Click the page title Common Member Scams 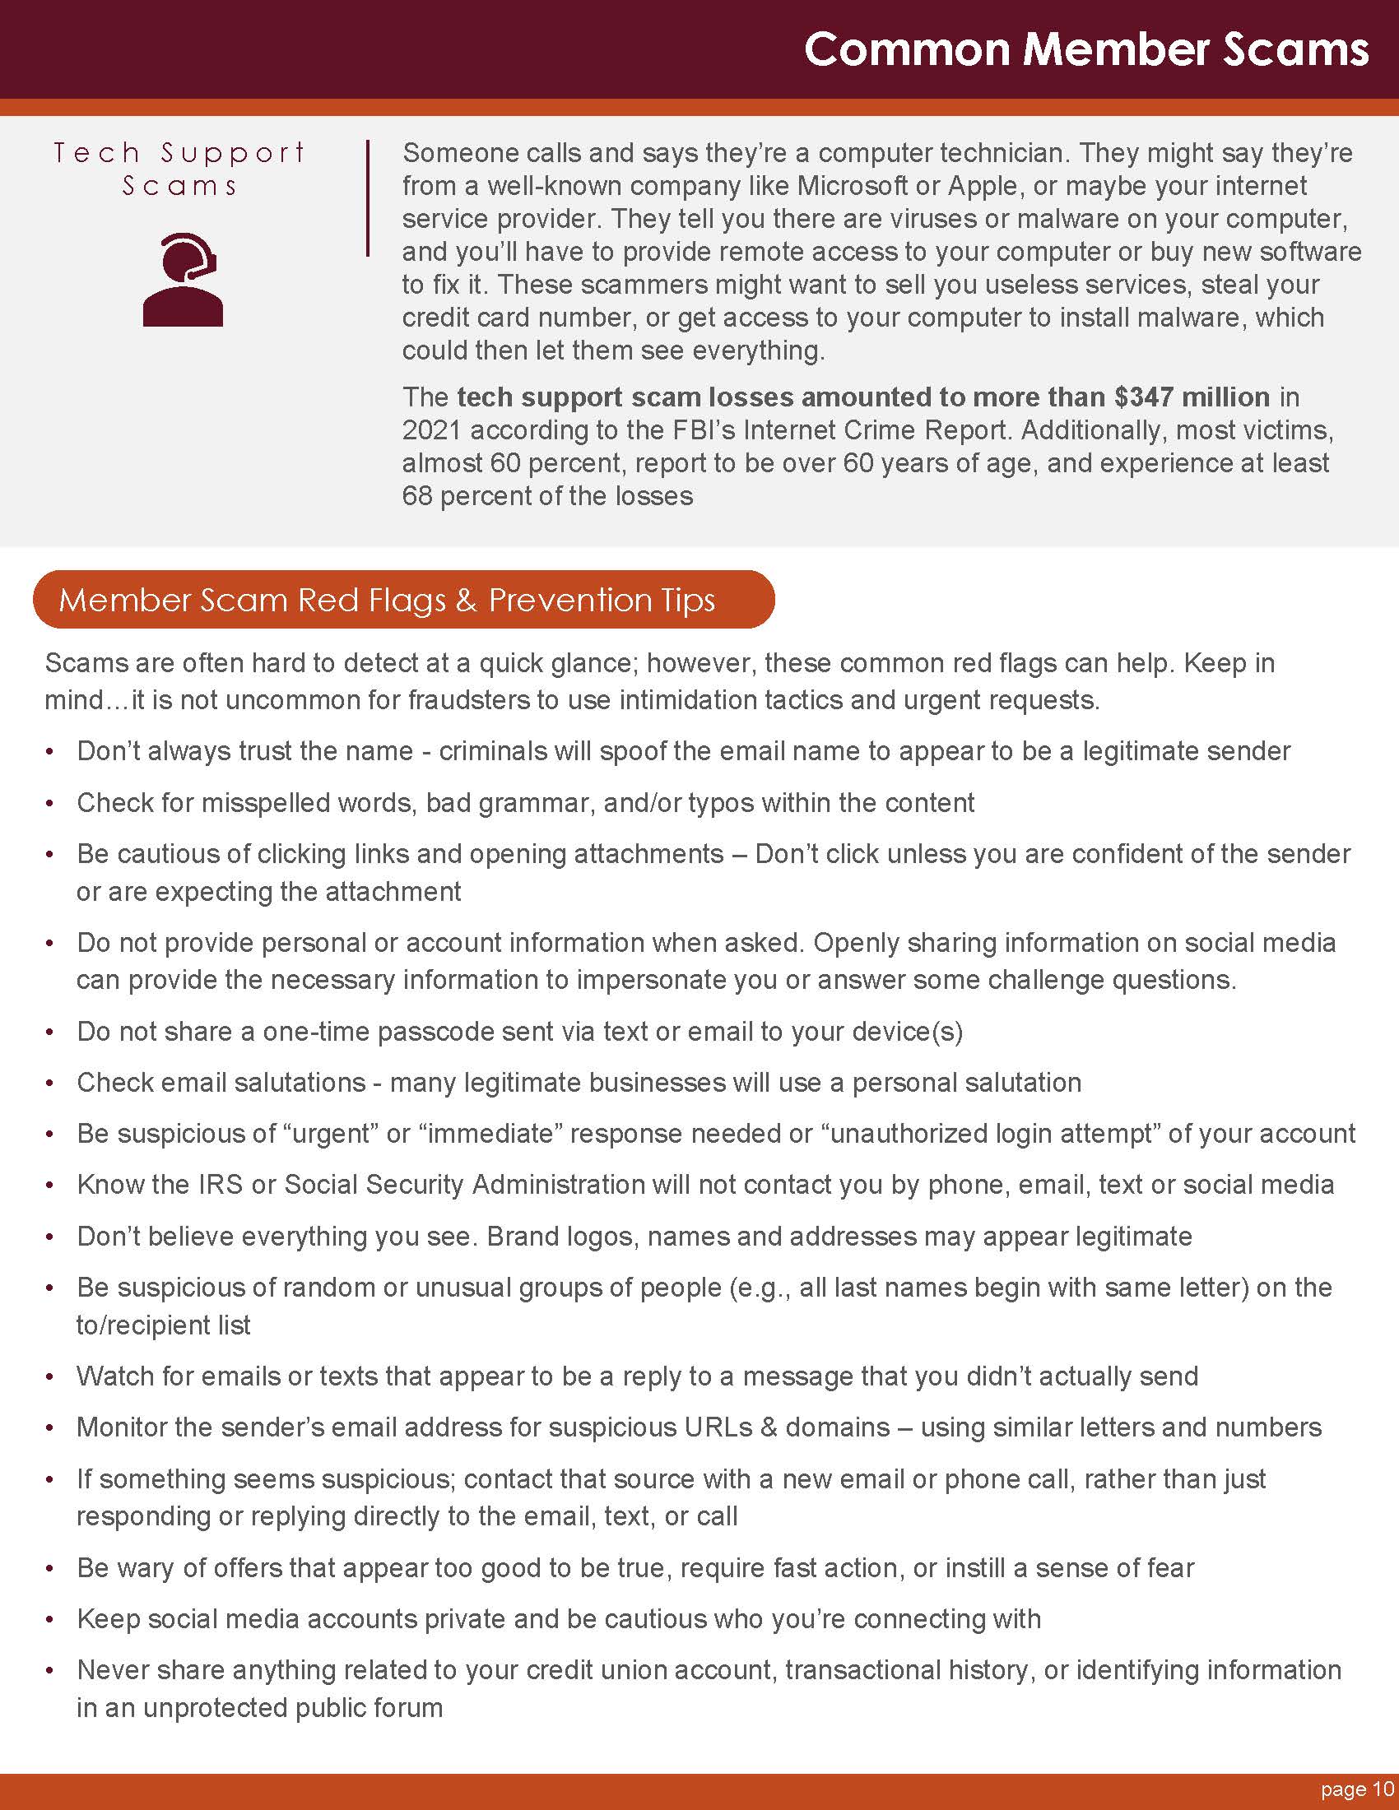point(1085,49)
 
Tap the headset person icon point(183,279)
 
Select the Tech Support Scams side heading point(180,168)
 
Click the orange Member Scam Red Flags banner point(403,599)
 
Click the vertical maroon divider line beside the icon point(367,199)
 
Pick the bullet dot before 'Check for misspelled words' point(50,803)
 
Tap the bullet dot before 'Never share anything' point(50,1670)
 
